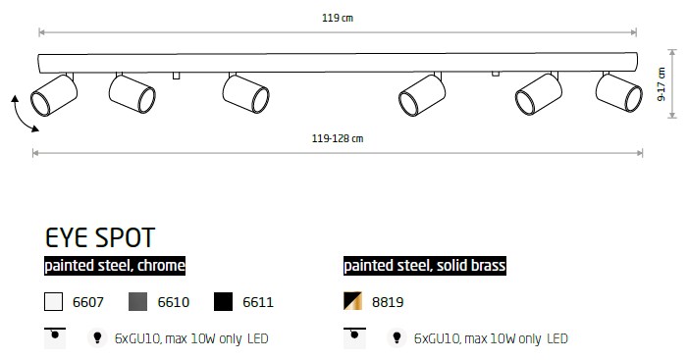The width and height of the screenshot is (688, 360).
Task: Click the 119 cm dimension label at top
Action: click(338, 18)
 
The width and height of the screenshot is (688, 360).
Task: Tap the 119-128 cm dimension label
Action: click(338, 138)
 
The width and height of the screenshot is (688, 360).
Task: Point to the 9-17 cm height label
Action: click(662, 84)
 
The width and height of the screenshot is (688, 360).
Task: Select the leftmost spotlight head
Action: click(54, 95)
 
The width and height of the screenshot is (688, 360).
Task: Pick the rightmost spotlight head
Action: click(619, 92)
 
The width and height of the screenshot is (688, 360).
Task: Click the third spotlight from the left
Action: click(245, 94)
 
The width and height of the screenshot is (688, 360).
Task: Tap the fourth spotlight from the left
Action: click(422, 95)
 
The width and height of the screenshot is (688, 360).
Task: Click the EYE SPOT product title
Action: click(100, 237)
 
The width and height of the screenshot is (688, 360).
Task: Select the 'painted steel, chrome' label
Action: click(115, 266)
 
